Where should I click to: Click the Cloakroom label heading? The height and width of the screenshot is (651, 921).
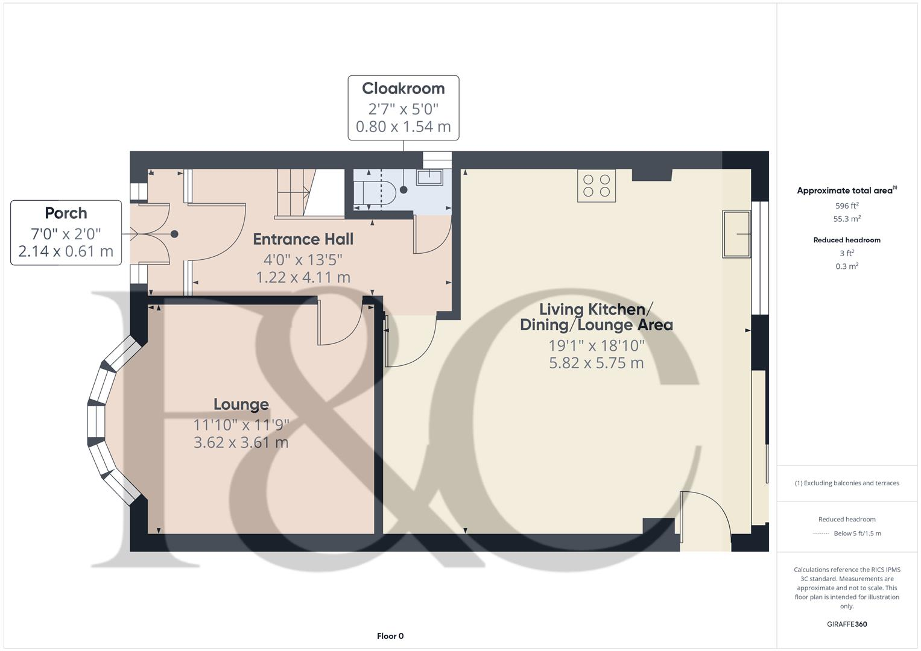[x=403, y=89]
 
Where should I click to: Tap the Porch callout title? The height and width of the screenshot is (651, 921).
[x=66, y=213]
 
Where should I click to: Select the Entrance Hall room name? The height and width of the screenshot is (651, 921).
[x=303, y=239]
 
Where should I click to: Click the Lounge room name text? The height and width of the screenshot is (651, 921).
[x=241, y=404]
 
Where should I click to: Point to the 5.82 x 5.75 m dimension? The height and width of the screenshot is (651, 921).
[x=596, y=363]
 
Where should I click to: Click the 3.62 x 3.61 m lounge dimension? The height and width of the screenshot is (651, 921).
[x=241, y=442]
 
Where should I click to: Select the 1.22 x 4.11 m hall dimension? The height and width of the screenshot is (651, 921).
[x=303, y=277]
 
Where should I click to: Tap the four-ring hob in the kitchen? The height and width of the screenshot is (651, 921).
[x=597, y=185]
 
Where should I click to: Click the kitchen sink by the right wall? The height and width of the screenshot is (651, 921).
[x=737, y=234]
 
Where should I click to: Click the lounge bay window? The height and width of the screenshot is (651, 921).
[x=109, y=420]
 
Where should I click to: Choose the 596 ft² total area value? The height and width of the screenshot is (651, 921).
[x=846, y=206]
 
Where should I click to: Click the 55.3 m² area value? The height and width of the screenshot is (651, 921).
[x=846, y=219]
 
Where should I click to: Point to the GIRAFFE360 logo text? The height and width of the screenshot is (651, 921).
[x=846, y=624]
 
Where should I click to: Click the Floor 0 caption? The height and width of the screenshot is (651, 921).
[x=390, y=636]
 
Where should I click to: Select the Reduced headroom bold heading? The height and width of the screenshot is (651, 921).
[x=846, y=240]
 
